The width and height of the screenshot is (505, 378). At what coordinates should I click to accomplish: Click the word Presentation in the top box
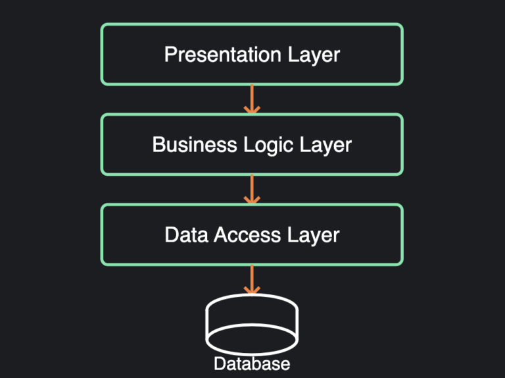click(222, 55)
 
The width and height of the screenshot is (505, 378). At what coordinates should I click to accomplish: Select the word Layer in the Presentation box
click(314, 55)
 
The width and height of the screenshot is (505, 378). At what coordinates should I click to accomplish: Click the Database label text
click(252, 364)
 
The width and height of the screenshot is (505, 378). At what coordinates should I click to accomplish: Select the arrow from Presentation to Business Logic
click(252, 99)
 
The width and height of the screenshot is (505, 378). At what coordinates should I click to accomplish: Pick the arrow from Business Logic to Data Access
click(252, 189)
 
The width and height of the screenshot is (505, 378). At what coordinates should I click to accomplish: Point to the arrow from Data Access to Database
click(252, 279)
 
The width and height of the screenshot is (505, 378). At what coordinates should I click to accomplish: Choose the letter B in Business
click(158, 145)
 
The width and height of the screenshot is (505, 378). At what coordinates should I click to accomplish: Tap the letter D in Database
click(219, 364)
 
